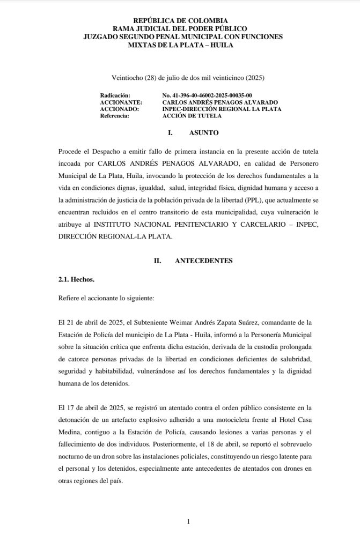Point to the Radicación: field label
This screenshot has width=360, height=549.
click(115, 95)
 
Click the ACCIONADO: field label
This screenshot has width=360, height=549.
click(119, 109)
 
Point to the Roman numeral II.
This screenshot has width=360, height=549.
click(158, 261)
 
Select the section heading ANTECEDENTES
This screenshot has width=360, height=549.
click(204, 261)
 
